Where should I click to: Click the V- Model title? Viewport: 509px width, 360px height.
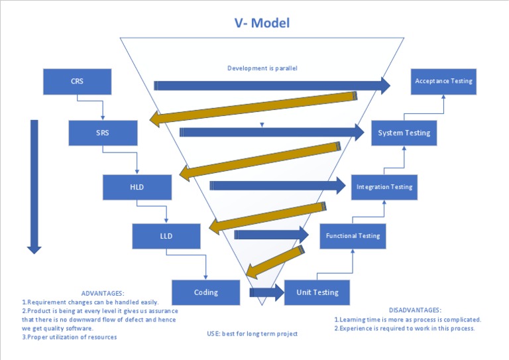[262, 23]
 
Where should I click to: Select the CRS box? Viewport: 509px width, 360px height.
[77, 82]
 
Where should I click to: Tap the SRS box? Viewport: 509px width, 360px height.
[103, 133]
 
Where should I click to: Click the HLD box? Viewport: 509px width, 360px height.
[137, 187]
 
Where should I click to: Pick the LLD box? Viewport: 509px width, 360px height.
[166, 236]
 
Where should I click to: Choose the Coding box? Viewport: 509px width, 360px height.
[205, 292]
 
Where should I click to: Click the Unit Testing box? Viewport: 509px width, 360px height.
[317, 292]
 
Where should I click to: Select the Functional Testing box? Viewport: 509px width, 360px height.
[352, 236]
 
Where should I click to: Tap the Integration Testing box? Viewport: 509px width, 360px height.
[384, 187]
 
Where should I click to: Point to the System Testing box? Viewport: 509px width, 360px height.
[404, 133]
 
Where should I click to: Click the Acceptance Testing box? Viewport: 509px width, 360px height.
[443, 81]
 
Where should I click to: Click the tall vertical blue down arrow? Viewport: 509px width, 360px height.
[34, 186]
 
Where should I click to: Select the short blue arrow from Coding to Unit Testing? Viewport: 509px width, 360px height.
[266, 292]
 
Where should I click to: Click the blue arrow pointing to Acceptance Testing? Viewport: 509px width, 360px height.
[272, 85]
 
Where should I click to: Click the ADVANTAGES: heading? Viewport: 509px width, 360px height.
[102, 293]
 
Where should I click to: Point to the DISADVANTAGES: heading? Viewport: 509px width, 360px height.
[414, 310]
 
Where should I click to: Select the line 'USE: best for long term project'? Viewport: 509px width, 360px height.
[252, 333]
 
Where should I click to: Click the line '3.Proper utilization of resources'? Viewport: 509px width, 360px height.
[70, 337]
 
